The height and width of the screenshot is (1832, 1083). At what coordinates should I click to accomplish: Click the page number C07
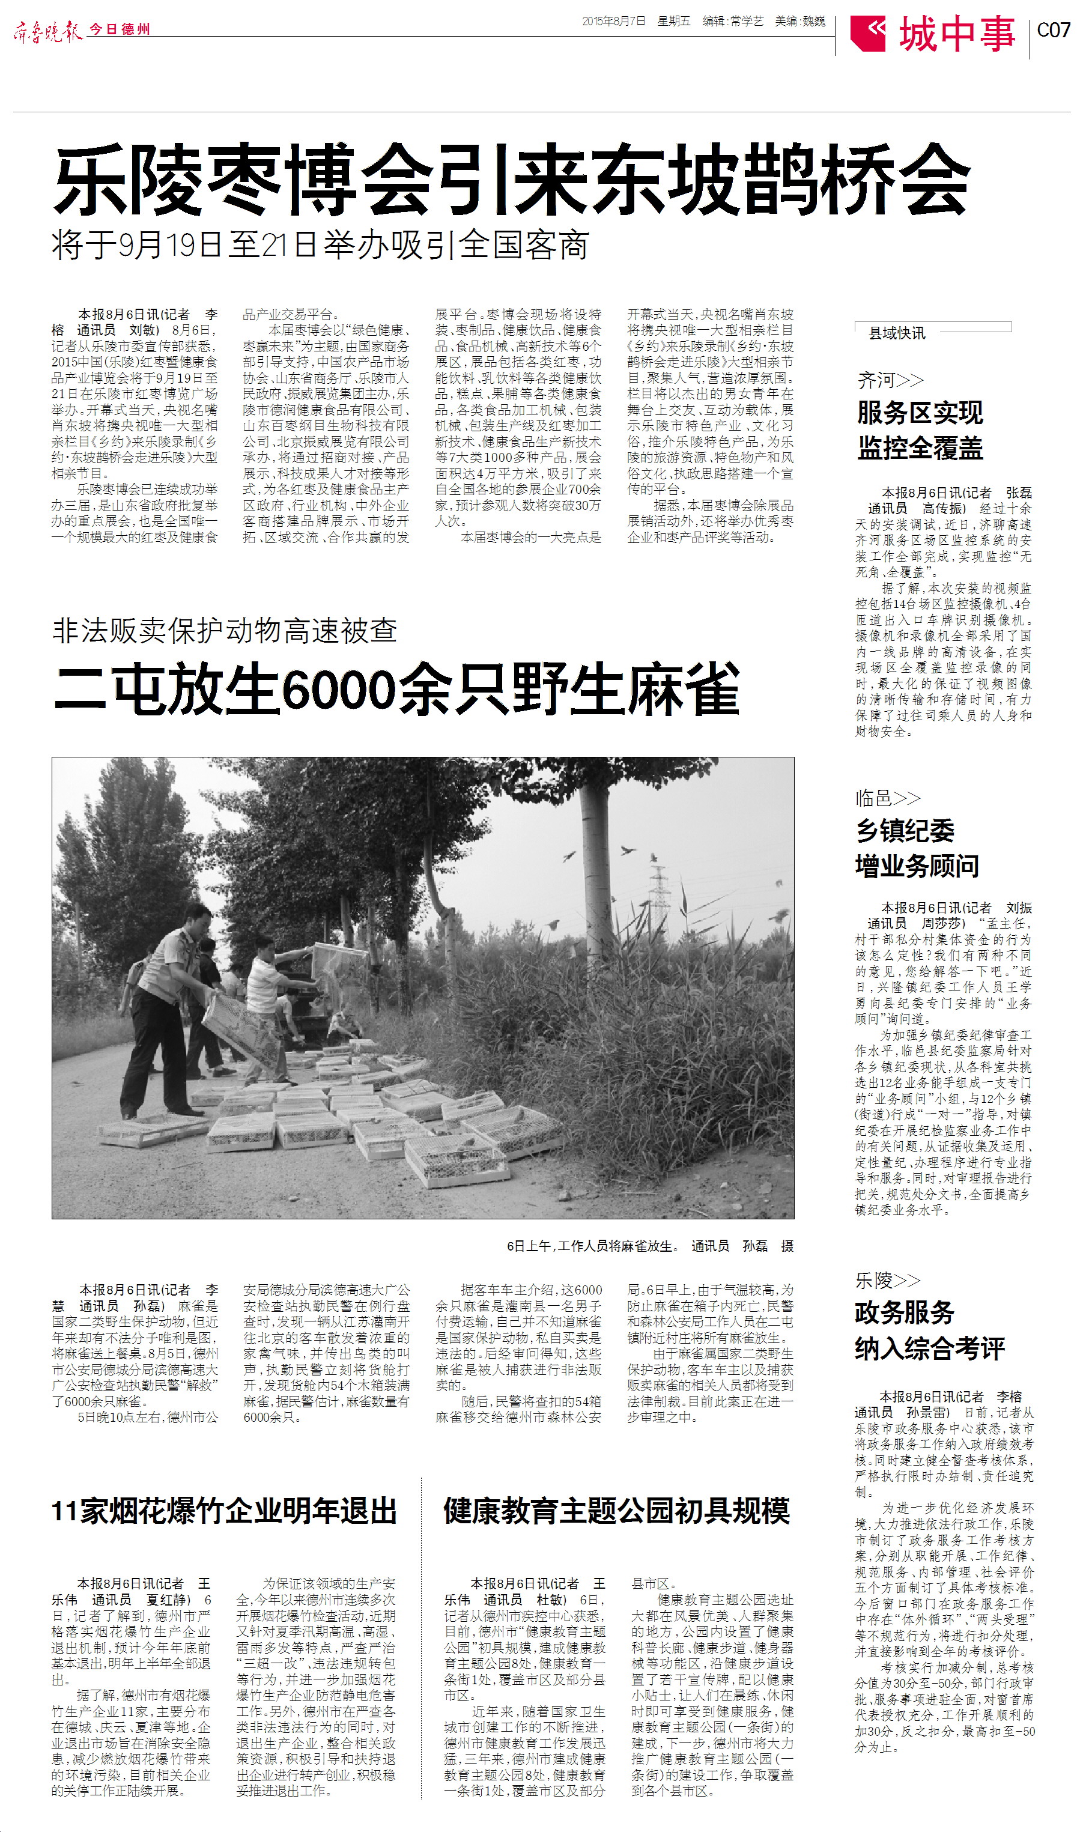tap(1053, 30)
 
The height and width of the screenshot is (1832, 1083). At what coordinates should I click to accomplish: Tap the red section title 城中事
tap(957, 34)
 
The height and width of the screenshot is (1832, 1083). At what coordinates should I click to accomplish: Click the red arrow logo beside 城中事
tap(869, 34)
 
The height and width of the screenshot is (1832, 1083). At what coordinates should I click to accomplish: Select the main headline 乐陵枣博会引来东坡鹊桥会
tap(511, 179)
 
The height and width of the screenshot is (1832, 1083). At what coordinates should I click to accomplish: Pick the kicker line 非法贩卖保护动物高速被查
tap(225, 630)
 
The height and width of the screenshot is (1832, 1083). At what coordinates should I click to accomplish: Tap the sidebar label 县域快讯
tap(897, 333)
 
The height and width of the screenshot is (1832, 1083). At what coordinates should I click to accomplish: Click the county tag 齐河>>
tap(890, 380)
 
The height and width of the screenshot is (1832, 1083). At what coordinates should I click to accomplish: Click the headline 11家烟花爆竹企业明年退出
tap(224, 1511)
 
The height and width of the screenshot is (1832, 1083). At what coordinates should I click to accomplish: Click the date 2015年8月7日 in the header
tap(614, 22)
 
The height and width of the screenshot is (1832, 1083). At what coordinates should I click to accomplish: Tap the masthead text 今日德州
tap(120, 29)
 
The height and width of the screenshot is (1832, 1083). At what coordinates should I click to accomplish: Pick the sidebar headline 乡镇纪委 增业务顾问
tap(917, 849)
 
